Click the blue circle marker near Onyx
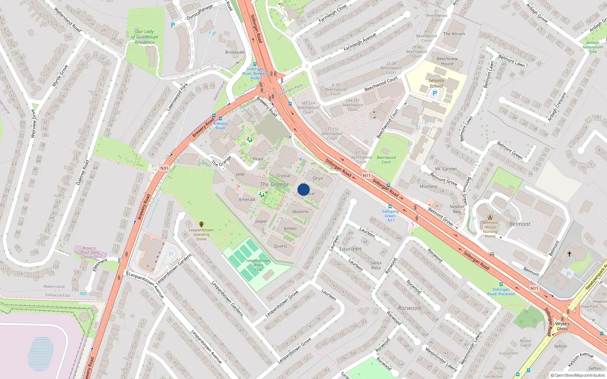tap(303, 189)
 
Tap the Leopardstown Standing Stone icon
tap(201, 224)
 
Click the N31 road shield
tap(164, 168)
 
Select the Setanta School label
tap(436, 83)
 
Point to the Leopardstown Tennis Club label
tap(258, 265)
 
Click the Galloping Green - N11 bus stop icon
tap(390, 207)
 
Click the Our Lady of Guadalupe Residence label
tap(145, 37)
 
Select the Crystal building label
tap(283, 176)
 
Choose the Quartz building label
tap(280, 246)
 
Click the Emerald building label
tap(247, 200)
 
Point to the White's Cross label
tap(562, 326)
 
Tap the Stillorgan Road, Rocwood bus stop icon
tap(501, 284)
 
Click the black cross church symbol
tap(569, 254)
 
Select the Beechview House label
tap(447, 61)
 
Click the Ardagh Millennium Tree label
tap(593, 47)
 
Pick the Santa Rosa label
tap(376, 265)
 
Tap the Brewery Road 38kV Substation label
tap(89, 252)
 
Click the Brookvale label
tap(235, 52)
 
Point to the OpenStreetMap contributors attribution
tap(578, 375)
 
